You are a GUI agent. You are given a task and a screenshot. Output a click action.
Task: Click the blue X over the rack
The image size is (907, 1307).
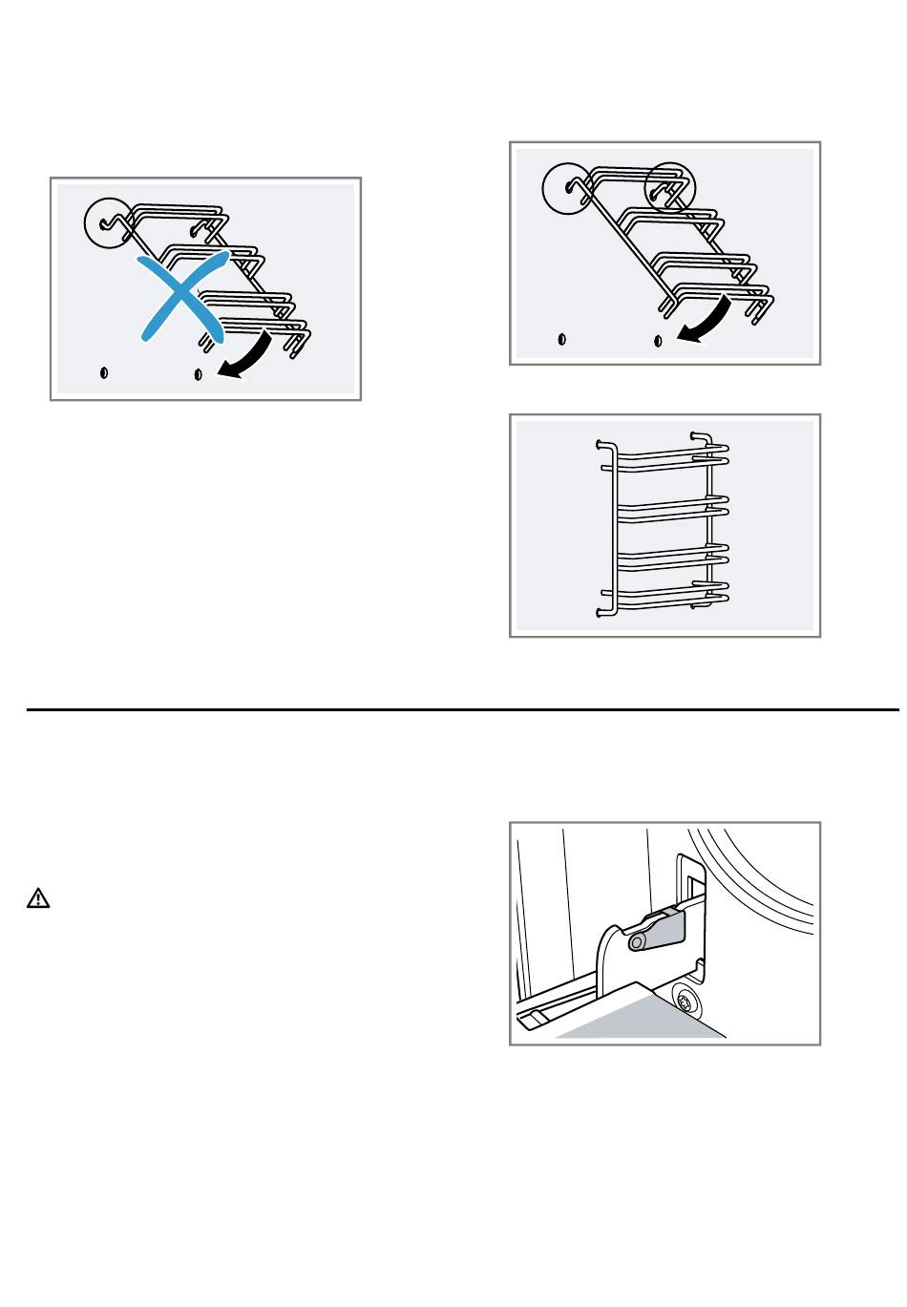184,297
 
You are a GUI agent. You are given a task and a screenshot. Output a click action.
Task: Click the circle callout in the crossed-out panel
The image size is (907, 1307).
107,221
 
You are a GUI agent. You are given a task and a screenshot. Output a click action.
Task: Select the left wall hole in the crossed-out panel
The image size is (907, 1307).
104,372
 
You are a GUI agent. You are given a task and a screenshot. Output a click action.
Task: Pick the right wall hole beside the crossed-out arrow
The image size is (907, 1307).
198,373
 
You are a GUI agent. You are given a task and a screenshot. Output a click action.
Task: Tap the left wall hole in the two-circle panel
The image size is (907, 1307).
561,339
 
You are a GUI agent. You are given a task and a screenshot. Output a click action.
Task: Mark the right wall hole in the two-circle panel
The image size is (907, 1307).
658,340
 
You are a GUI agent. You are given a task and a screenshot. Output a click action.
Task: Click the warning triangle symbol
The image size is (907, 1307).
38,898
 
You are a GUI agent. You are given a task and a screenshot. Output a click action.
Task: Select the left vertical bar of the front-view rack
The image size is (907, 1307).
612,525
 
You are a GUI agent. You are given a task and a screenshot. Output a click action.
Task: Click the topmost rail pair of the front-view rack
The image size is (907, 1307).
668,454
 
